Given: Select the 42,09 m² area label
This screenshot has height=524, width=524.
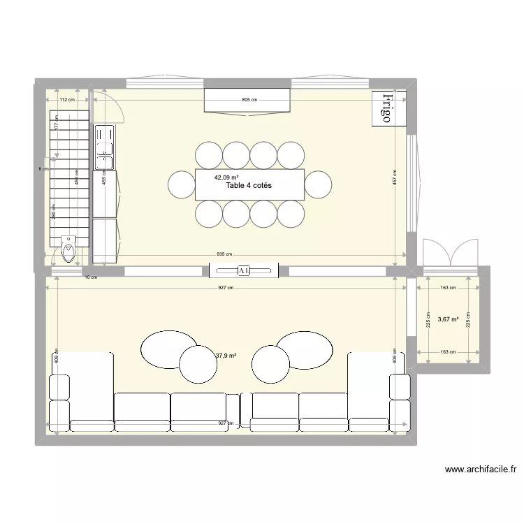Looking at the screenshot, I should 226,177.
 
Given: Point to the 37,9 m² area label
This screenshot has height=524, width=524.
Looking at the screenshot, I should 225,356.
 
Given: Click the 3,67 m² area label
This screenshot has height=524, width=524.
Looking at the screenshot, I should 448,319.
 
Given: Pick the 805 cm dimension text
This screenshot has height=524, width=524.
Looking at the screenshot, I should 249,100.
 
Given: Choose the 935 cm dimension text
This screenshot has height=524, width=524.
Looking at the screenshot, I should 224,255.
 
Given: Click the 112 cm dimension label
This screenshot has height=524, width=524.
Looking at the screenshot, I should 66,100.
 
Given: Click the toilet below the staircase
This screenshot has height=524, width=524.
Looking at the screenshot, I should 68,249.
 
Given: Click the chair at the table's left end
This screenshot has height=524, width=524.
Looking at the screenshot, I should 182,184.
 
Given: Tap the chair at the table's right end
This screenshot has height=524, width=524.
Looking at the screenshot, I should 318,184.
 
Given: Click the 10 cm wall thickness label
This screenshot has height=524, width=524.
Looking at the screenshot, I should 91,277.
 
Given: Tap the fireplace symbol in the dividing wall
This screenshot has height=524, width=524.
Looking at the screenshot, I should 244,270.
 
